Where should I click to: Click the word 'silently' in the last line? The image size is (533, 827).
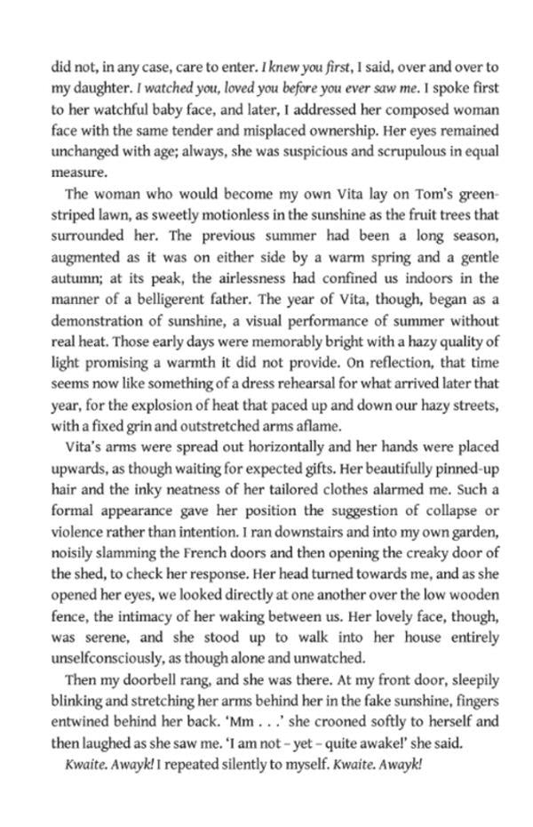[257, 765]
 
